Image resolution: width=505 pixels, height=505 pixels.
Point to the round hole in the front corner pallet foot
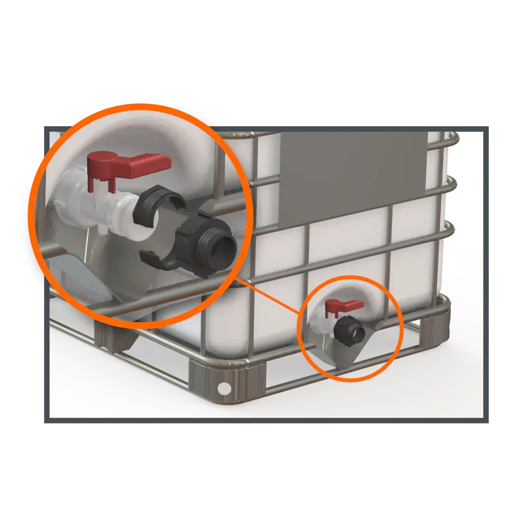(224, 388)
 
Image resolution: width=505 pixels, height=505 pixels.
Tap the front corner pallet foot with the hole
(227, 382)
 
